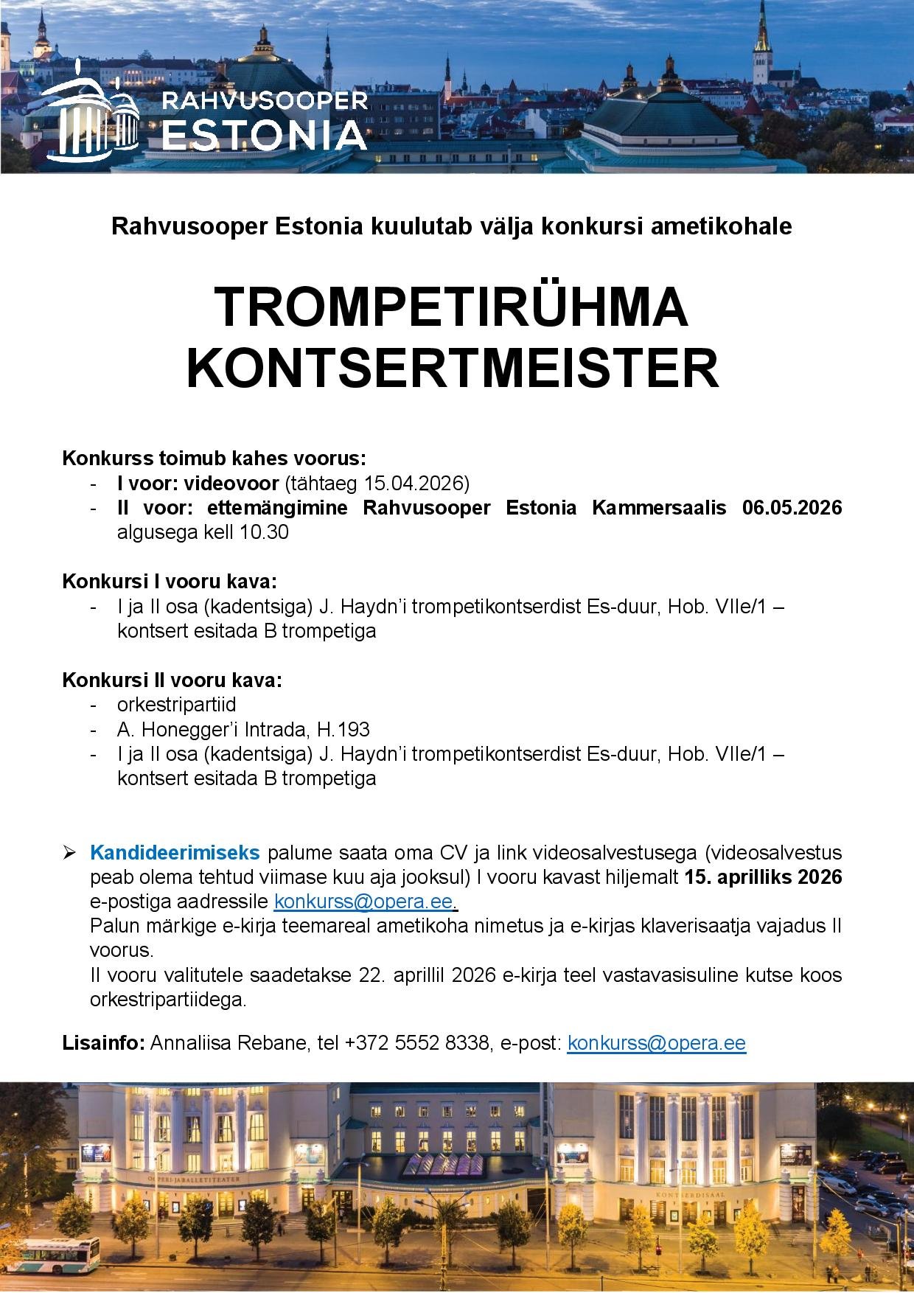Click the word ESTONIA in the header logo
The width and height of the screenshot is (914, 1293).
tap(264, 136)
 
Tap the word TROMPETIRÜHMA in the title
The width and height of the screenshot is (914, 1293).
tap(451, 308)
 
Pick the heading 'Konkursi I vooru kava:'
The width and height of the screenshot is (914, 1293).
tap(170, 581)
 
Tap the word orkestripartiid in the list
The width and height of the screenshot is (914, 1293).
tap(177, 705)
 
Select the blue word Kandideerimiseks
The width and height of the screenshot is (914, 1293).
tap(175, 853)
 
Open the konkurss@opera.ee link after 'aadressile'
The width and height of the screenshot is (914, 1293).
tap(363, 902)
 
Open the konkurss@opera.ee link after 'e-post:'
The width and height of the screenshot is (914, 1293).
tap(656, 1043)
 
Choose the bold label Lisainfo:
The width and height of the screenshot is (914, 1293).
tap(103, 1043)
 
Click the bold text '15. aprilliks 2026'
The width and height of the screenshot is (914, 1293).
tap(763, 877)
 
